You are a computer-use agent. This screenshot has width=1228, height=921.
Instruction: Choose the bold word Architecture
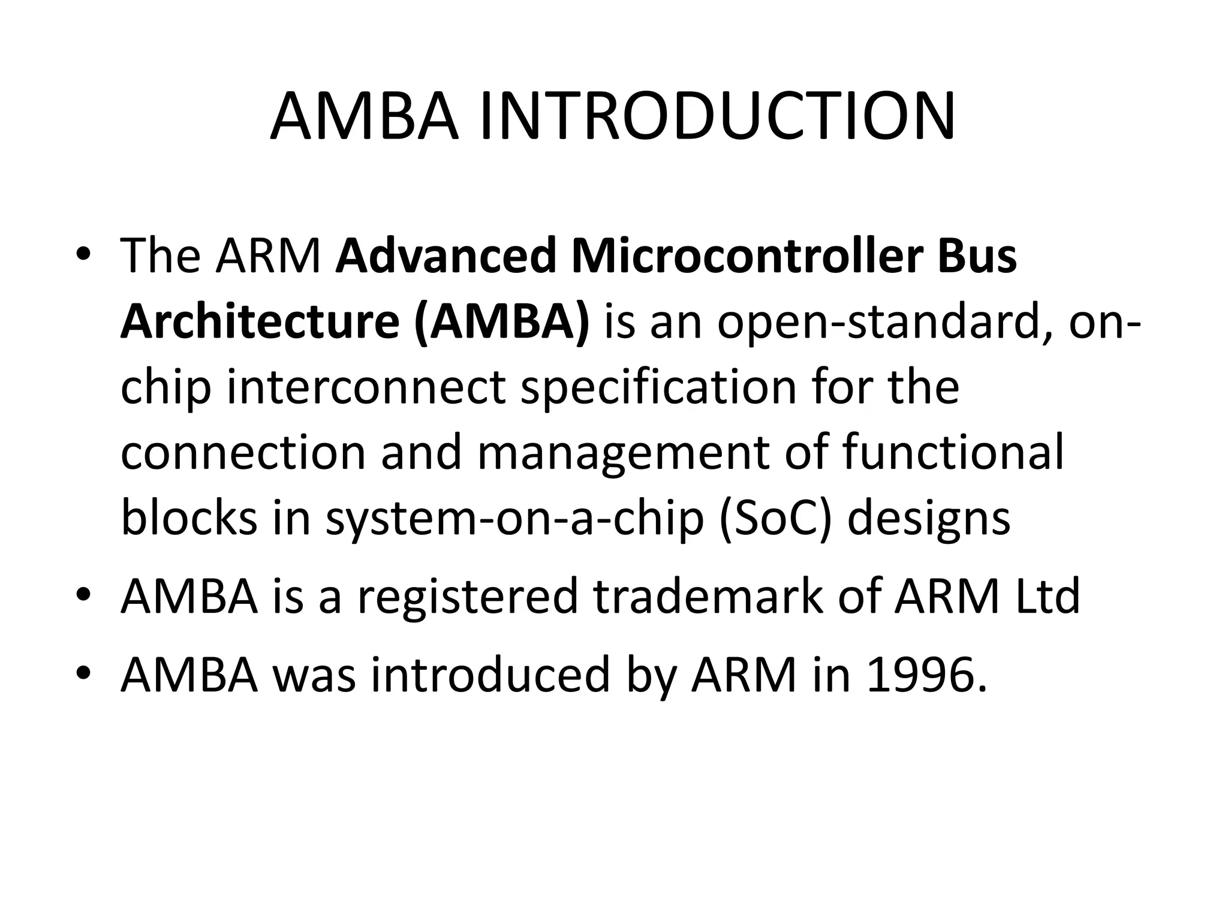pyautogui.click(x=260, y=322)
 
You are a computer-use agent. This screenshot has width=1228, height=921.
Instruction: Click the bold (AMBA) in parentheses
pyautogui.click(x=501, y=322)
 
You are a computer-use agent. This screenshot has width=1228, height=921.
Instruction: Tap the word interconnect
pyautogui.click(x=366, y=388)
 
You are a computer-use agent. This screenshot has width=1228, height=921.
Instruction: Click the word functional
pyautogui.click(x=953, y=453)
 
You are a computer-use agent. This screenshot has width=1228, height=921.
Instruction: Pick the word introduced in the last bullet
pyautogui.click(x=490, y=675)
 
